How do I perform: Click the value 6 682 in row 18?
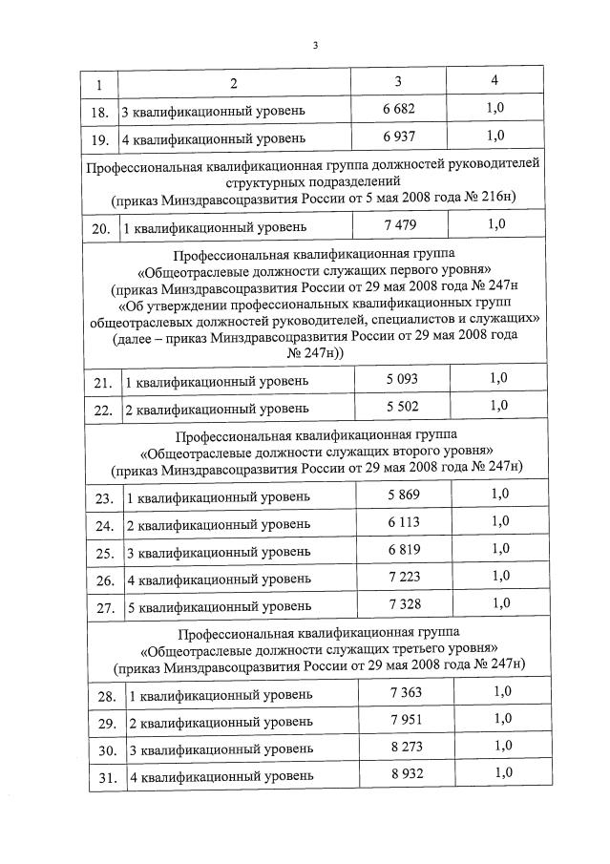pyautogui.click(x=399, y=110)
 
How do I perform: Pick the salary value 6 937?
pyautogui.click(x=399, y=137)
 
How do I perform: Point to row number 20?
pyautogui.click(x=100, y=229)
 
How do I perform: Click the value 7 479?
pyautogui.click(x=400, y=224)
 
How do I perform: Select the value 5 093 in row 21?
pyautogui.click(x=402, y=379)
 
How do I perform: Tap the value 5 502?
pyautogui.click(x=402, y=406)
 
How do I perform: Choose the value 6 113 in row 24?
pyautogui.click(x=403, y=522)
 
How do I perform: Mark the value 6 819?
pyautogui.click(x=403, y=549)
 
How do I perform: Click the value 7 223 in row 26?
pyautogui.click(x=404, y=577)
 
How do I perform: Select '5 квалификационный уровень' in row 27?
pyautogui.click(x=219, y=606)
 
